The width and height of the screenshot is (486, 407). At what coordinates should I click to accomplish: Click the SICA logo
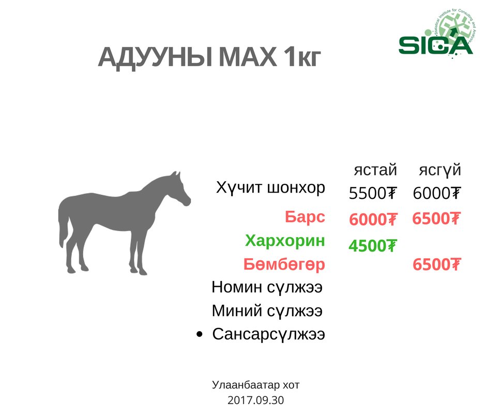(437, 35)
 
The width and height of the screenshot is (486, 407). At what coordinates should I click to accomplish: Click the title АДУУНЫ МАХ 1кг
(209, 57)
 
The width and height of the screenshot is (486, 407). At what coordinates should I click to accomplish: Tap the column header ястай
(375, 170)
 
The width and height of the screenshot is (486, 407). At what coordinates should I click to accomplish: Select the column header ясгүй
(440, 170)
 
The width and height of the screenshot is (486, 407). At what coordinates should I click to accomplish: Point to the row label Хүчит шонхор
(270, 187)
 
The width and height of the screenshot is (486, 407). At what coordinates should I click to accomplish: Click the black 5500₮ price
(373, 193)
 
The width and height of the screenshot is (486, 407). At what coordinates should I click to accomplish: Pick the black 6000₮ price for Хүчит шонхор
(437, 193)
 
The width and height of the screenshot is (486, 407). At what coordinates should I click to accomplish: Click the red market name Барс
(305, 217)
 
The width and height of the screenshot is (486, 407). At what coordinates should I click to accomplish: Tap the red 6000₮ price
(373, 220)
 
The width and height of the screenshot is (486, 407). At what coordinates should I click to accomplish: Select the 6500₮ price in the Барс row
(436, 218)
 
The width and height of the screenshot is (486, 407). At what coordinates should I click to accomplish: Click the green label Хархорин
(285, 241)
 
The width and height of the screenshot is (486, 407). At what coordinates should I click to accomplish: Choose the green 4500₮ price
(373, 246)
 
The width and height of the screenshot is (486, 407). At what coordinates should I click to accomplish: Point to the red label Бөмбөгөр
(284, 264)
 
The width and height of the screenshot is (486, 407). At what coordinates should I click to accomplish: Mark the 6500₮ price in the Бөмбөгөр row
(437, 264)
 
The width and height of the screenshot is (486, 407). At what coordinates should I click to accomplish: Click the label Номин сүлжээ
(267, 287)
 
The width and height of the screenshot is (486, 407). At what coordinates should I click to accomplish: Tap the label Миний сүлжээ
(267, 310)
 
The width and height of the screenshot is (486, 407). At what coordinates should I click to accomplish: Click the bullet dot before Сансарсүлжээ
(200, 334)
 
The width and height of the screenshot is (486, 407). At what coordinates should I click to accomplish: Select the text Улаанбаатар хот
(256, 385)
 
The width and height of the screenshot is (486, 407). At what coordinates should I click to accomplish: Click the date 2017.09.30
(256, 400)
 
